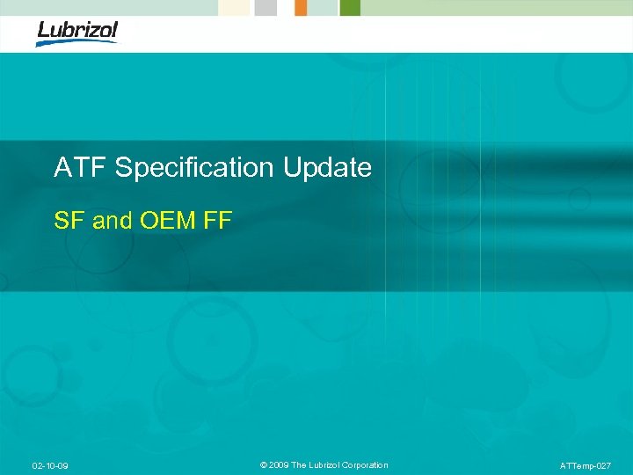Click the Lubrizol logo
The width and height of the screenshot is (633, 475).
coord(76,32)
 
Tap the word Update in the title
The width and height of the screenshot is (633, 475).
coord(327,167)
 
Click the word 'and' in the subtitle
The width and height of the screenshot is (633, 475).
coord(112,221)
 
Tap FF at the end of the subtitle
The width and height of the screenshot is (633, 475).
coord(216,221)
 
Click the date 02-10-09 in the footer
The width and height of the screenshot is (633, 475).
coord(50,465)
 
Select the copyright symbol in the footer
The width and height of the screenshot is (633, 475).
coord(264,465)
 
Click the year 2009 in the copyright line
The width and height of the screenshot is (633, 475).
coord(280,465)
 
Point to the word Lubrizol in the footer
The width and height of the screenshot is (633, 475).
coord(329,465)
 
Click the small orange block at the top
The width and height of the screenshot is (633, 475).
coord(301,7)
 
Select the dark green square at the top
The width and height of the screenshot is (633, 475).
coord(350,7)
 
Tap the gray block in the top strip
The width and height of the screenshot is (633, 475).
coord(266,7)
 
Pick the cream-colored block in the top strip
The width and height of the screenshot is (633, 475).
coord(236,7)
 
